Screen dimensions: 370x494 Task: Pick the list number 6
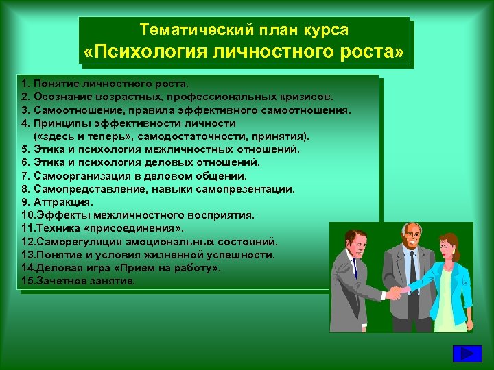coord(25,163)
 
